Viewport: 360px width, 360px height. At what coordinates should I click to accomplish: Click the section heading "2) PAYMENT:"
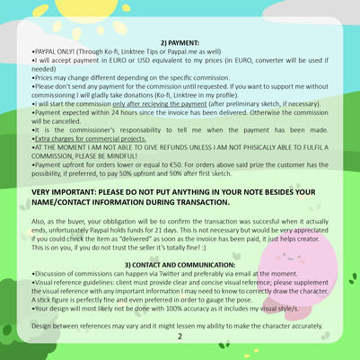point(180,42)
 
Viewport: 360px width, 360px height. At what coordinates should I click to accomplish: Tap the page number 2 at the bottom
point(180,337)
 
